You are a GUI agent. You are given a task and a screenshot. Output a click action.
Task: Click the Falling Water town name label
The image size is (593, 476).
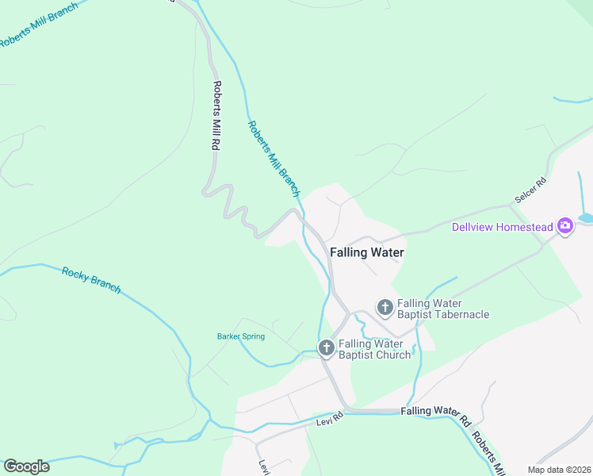coord(366,252)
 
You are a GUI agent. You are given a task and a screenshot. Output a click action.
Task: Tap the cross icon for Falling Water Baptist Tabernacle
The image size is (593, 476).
coord(384,306)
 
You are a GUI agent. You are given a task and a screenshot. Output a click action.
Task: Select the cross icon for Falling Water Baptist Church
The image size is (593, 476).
coord(326,347)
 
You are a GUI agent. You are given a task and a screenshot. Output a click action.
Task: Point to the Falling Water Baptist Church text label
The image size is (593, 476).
coord(375,349)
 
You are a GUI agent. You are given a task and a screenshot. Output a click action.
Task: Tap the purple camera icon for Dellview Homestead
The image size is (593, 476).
coord(565,227)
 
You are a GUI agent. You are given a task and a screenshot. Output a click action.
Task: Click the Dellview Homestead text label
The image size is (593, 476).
coord(503,227)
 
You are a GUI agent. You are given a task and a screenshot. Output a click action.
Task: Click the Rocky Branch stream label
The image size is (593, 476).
coord(91,279)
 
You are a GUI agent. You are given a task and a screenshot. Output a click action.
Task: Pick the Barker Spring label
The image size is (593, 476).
coord(241,336)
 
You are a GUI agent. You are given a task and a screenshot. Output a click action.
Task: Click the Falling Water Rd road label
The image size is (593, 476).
coord(436,411)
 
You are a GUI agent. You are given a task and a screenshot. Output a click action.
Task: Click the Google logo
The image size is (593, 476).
coord(26,466)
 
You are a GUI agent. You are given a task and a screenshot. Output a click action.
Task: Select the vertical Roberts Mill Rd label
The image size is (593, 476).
coord(215,116)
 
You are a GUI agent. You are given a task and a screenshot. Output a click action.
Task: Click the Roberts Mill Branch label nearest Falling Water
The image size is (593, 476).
coord(274,158)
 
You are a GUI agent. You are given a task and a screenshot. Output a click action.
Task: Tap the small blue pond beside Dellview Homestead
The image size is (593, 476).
coord(586,217)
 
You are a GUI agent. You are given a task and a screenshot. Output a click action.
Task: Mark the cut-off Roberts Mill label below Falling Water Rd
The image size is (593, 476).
coord(488,453)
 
